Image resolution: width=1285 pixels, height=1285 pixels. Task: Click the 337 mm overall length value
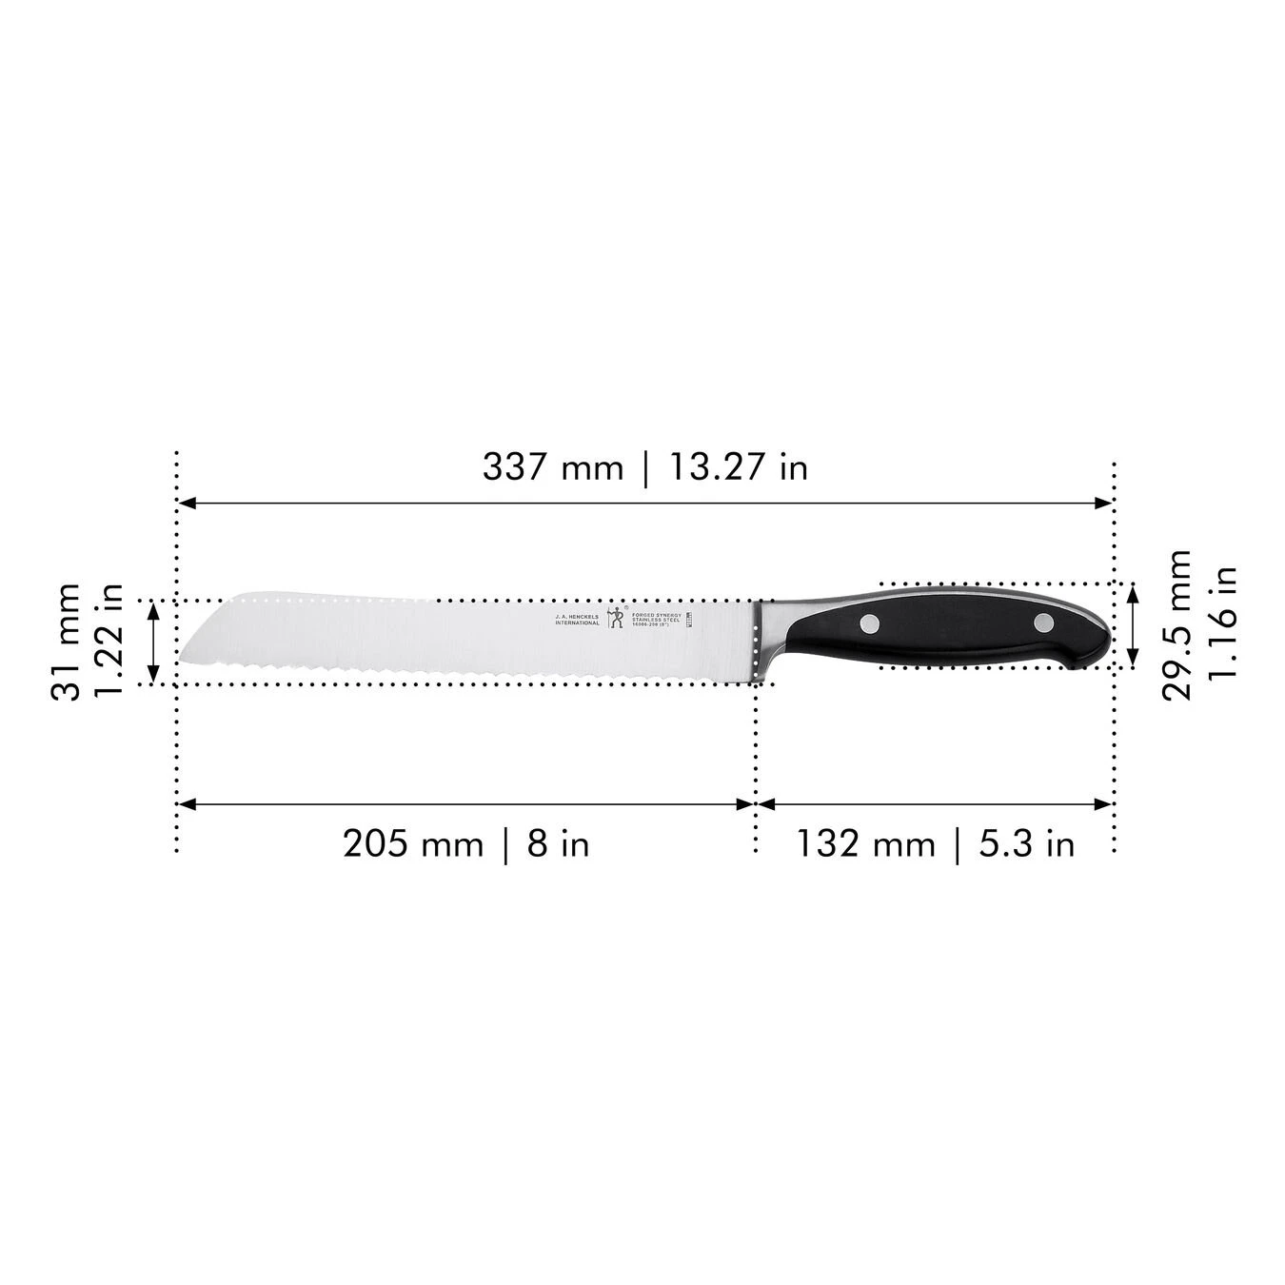[552, 467]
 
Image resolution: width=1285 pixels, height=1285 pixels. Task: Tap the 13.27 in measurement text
[738, 467]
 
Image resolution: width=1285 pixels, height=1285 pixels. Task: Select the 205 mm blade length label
[413, 843]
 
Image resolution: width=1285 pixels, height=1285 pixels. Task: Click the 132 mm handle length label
[865, 843]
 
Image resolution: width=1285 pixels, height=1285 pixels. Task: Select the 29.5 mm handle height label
[1177, 624]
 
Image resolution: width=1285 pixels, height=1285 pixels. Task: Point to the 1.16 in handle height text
[1222, 624]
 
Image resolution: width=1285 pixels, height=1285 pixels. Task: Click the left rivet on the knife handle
[870, 624]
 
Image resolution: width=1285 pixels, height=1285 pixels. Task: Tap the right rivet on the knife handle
[1044, 624]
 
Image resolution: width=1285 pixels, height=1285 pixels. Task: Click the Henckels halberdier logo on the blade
[615, 617]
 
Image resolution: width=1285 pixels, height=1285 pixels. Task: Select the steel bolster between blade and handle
[767, 633]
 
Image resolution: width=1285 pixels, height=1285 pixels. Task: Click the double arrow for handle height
[1133, 625]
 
